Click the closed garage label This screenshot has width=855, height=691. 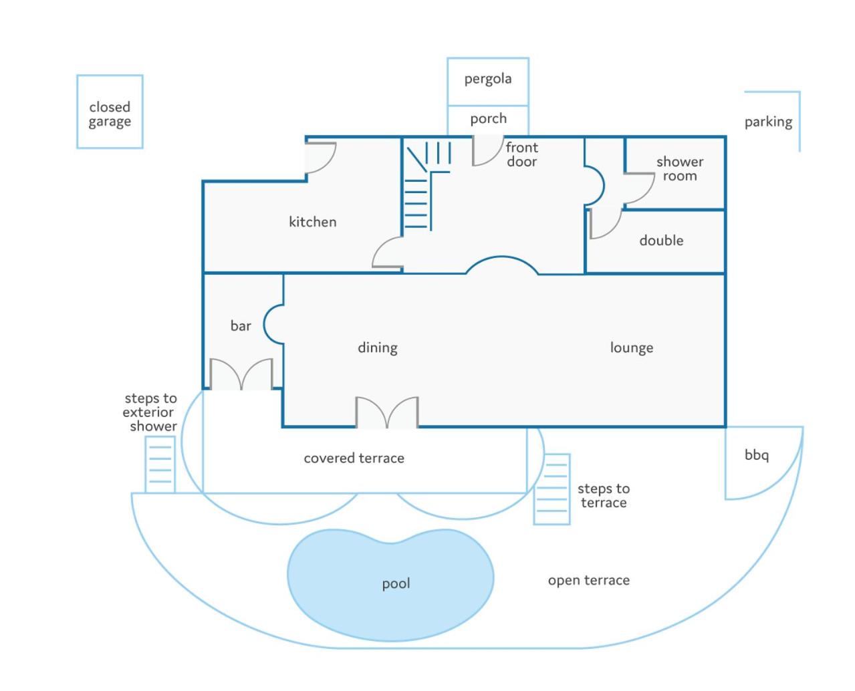point(109,114)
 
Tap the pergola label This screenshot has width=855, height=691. point(487,79)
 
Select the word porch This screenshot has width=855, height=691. point(488,119)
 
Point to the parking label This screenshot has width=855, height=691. point(768,122)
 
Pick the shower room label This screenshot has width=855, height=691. point(680,168)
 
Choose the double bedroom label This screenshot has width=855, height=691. point(660,241)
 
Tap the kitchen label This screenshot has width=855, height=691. point(312,221)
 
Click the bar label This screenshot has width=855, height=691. point(241,325)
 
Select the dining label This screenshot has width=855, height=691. point(377,348)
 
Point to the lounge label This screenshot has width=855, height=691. point(631,348)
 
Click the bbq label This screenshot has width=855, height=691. point(756,455)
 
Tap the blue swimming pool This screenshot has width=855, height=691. point(390,584)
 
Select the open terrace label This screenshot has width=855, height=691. point(588,580)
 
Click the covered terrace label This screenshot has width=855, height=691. point(354,458)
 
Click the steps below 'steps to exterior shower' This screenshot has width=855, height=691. point(160,464)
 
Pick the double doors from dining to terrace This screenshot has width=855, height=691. point(386,412)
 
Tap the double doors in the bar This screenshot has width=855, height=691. point(241,374)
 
